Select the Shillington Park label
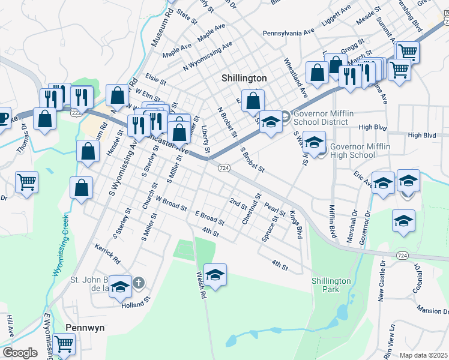331,285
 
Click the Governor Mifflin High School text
352,150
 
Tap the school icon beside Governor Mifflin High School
314,143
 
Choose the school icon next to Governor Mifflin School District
271,123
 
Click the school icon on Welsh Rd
215,275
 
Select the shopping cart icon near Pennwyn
64,344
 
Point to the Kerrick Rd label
107,254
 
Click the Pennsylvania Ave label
289,32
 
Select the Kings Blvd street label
295,225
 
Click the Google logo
20,352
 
